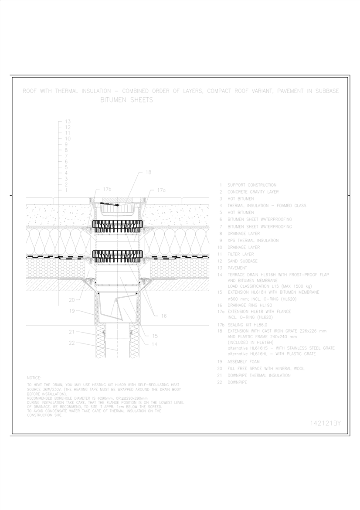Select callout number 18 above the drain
coord(148,172)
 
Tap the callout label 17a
coord(161,190)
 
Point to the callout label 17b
coord(107,190)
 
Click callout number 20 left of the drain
coord(72,299)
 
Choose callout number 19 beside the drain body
coord(72,311)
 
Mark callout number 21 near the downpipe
coord(72,332)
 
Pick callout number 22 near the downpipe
coord(72,343)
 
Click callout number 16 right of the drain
coord(163,316)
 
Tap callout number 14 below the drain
coord(155,344)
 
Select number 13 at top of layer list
coord(68,121)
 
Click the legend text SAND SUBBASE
coord(242,261)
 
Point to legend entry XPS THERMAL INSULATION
coord(253,240)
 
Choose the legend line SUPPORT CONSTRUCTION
coord(251,185)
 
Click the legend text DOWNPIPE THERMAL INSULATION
coord(258,375)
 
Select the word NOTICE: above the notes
coord(34,377)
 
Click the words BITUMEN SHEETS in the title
coord(127,100)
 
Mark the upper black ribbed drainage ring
coord(118,225)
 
